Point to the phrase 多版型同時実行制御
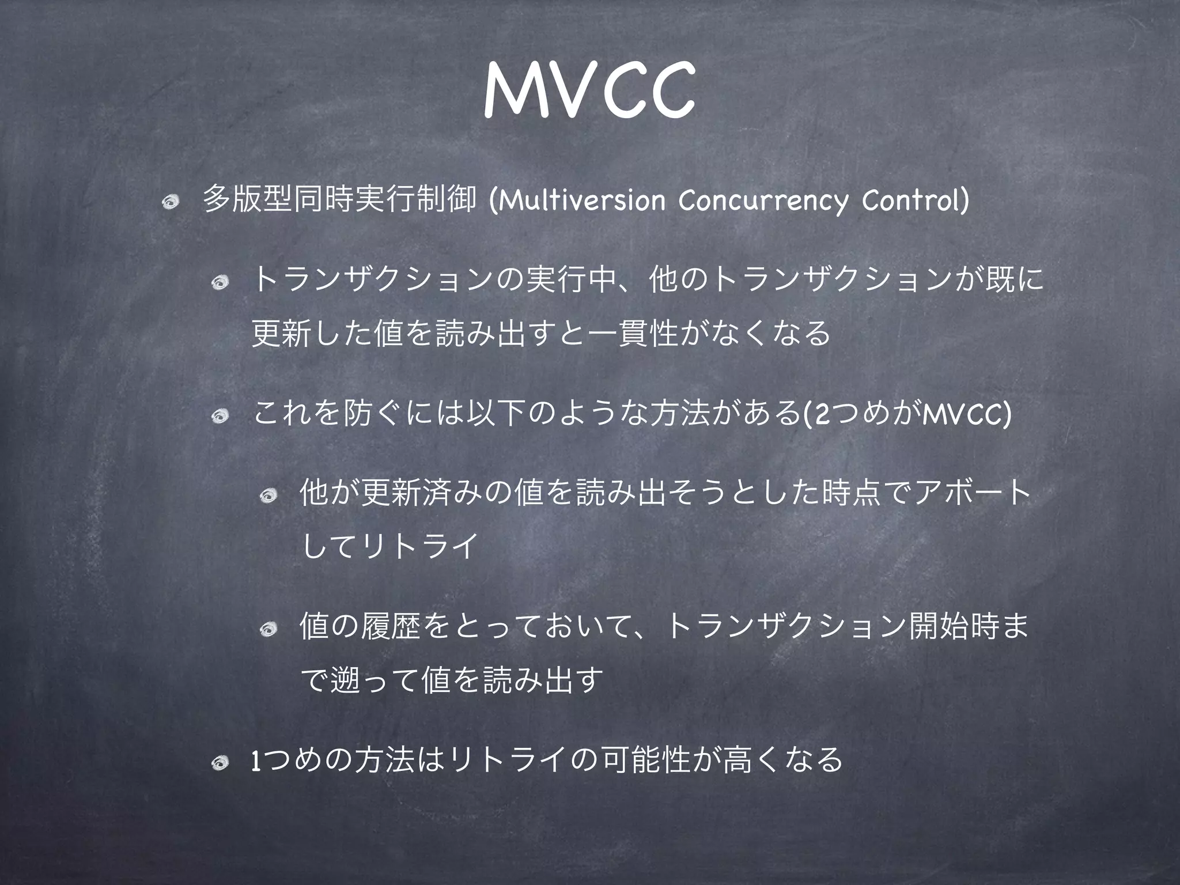[339, 199]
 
